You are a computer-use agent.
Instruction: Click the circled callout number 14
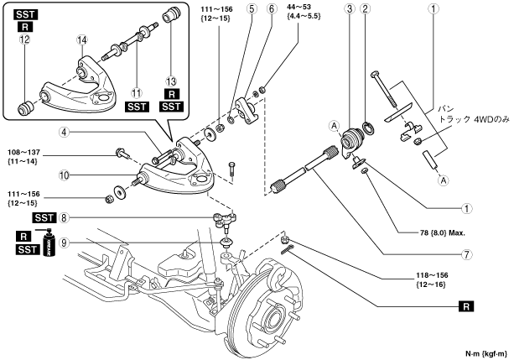(82, 40)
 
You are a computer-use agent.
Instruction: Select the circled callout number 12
(24, 39)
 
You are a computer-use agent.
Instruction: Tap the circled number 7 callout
(466, 254)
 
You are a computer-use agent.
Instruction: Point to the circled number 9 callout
(65, 243)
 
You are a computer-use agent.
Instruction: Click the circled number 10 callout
(65, 175)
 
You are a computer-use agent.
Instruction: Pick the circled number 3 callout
(350, 8)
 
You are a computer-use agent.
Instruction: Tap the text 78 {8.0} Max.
(443, 233)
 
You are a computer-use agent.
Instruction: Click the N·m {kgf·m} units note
(486, 354)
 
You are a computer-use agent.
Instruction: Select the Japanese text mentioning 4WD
(475, 115)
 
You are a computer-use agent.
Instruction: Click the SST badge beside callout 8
(44, 217)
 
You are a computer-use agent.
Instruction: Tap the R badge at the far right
(466, 306)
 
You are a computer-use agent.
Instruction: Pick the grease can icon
(49, 243)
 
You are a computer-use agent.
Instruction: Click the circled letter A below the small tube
(444, 180)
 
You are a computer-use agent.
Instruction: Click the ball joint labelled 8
(225, 220)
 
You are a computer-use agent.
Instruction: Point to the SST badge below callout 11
(137, 107)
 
